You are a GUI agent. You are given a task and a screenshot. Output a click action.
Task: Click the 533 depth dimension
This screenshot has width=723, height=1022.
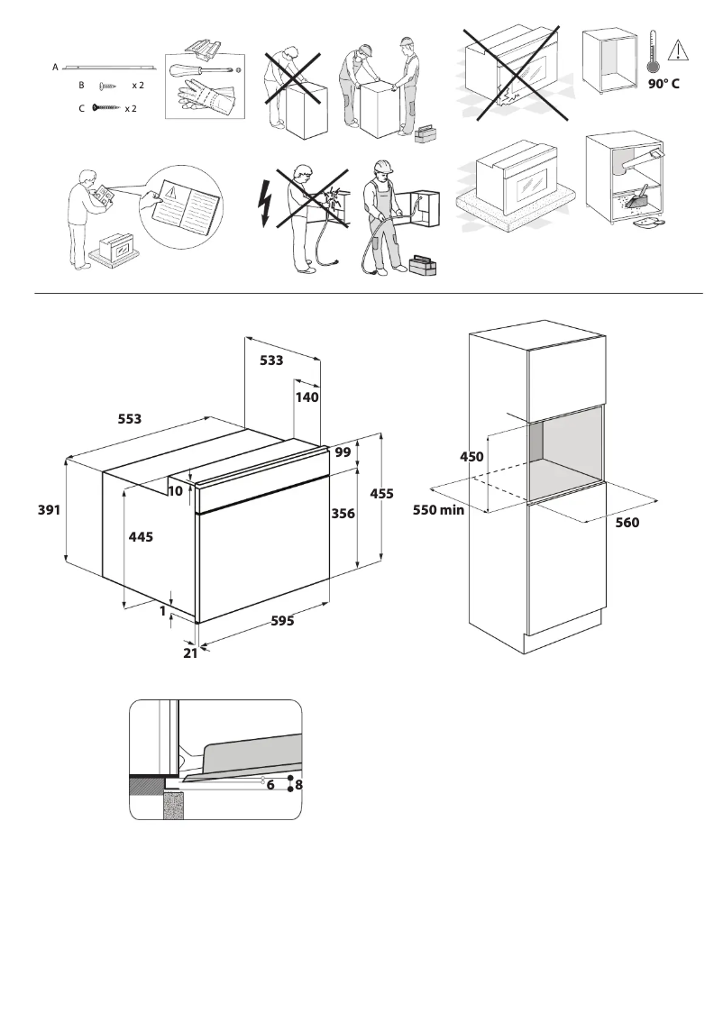pyautogui.click(x=271, y=360)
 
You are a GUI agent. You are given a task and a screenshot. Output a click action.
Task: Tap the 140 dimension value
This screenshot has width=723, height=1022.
pyautogui.click(x=307, y=396)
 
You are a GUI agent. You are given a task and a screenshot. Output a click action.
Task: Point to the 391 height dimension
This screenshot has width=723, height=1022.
pyautogui.click(x=49, y=510)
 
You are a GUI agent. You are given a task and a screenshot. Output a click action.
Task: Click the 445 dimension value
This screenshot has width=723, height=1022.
pyautogui.click(x=141, y=536)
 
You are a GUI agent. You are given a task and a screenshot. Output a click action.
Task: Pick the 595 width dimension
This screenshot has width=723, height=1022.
pyautogui.click(x=282, y=621)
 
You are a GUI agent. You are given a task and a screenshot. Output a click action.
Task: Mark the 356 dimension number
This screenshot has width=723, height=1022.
pyautogui.click(x=343, y=513)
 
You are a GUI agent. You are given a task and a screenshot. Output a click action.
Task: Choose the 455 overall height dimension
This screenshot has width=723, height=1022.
pyautogui.click(x=382, y=494)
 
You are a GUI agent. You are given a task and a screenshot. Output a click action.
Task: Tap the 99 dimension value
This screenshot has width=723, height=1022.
pyautogui.click(x=343, y=453)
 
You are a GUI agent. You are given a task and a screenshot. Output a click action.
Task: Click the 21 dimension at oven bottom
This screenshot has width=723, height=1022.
pyautogui.click(x=190, y=653)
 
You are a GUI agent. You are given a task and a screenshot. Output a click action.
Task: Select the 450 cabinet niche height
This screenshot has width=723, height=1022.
pyautogui.click(x=472, y=457)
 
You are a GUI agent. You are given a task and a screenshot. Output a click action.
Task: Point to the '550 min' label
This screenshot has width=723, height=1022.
pyautogui.click(x=438, y=509)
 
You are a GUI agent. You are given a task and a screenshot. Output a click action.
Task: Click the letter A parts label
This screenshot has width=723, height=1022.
pyautogui.click(x=56, y=67)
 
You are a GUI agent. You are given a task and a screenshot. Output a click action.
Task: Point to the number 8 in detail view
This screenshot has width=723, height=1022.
pyautogui.click(x=298, y=785)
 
